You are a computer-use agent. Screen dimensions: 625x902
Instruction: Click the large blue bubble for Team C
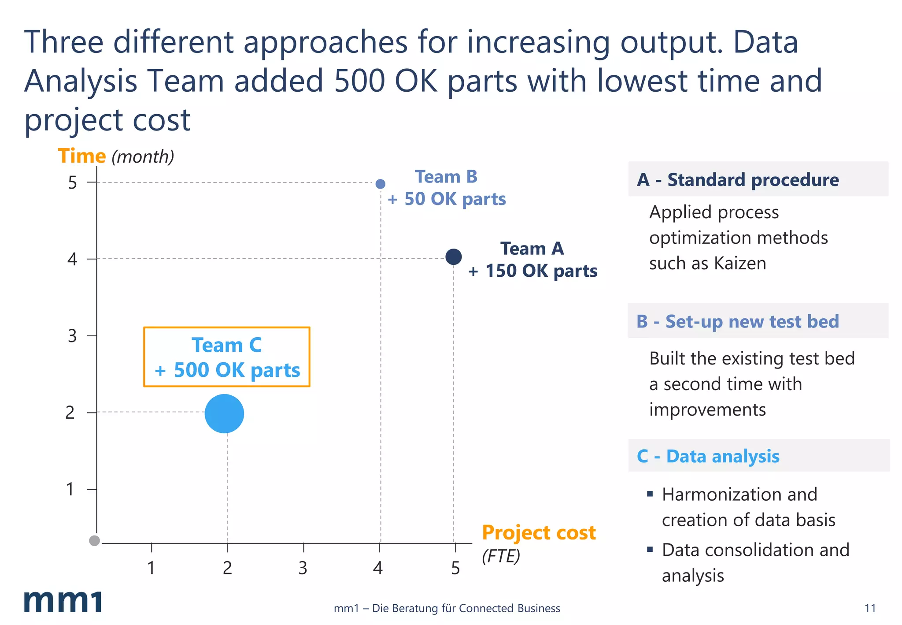224,413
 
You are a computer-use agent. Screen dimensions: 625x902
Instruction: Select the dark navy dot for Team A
453,257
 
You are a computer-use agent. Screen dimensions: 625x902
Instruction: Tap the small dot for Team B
381,184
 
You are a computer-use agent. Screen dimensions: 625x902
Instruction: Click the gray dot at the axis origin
94,540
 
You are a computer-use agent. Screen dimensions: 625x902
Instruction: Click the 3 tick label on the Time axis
72,336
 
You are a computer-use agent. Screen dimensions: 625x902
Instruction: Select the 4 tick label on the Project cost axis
378,568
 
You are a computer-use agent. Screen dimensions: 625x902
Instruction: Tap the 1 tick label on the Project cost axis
151,568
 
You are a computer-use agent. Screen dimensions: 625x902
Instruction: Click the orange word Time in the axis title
82,156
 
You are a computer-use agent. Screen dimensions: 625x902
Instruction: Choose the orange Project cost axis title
539,532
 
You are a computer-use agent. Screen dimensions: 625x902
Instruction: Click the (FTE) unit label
501,556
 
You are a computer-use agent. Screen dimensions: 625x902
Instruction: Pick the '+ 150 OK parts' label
532,271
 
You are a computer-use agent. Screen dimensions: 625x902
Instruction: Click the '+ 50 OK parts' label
447,199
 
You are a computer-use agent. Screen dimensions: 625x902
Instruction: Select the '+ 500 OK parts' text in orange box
227,370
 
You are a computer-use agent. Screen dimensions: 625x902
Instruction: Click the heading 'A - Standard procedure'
738,180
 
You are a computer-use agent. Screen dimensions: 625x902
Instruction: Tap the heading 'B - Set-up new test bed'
738,321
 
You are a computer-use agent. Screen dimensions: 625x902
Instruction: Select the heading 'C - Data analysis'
708,456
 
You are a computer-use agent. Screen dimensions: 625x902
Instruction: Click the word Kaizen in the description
740,263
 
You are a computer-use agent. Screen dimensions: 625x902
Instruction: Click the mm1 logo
63,601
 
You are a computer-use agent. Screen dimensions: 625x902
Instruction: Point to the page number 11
870,608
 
